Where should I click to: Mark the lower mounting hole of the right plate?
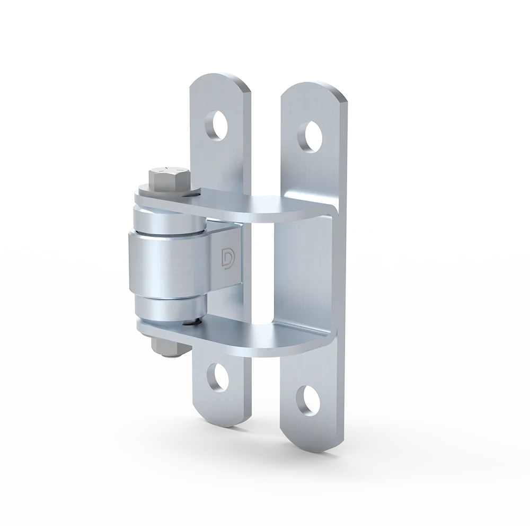(x=307, y=400)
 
